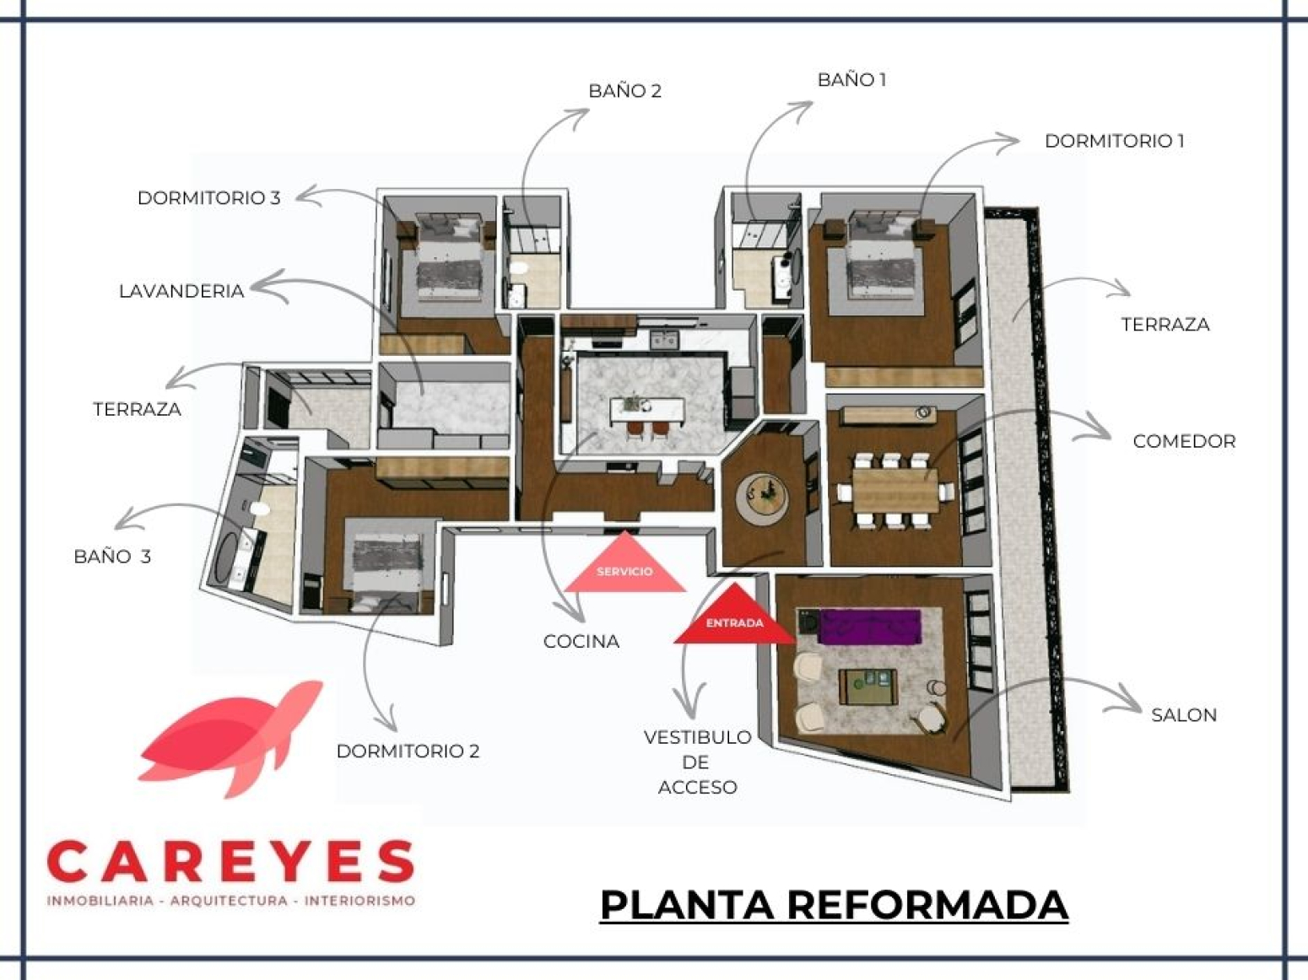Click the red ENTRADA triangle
coord(734,618)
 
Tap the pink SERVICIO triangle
coord(624,566)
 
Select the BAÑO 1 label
coord(851,80)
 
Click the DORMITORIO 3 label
coord(208,197)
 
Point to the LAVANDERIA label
coord(181,291)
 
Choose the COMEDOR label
coord(1184,441)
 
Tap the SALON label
coord(1183,715)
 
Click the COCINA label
coord(581,641)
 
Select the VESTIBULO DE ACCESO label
coord(698,762)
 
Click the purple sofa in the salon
coord(869,626)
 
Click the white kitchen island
coord(647,410)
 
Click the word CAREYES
coord(230,862)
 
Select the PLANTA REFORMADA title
coord(834,905)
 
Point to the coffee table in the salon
coord(867,687)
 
